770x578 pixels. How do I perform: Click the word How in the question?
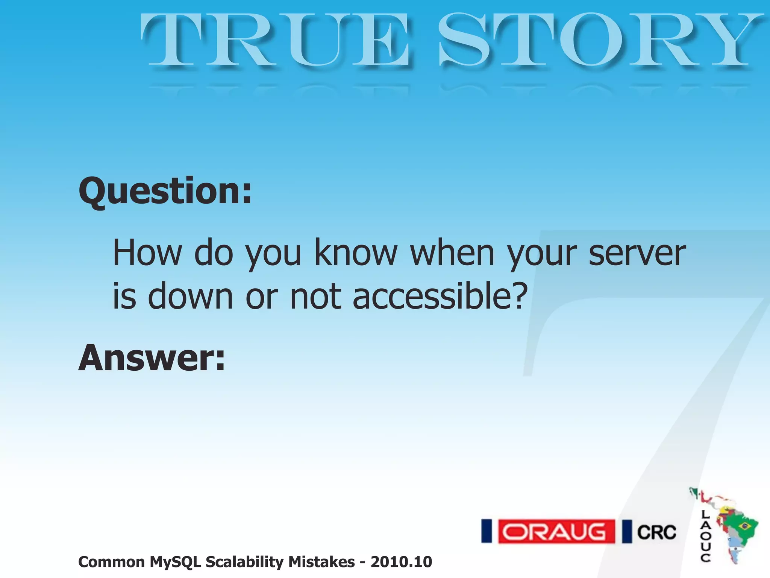tap(147, 253)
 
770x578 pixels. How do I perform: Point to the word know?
tap(356, 253)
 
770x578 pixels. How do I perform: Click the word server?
tap(637, 253)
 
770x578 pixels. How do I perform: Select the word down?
tap(190, 297)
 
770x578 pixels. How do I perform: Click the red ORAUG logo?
tap(556, 532)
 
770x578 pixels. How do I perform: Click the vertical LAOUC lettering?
tap(705, 536)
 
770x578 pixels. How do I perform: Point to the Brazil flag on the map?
tap(743, 525)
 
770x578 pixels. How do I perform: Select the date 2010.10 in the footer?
tap(401, 562)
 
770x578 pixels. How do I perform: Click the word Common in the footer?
tap(111, 562)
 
